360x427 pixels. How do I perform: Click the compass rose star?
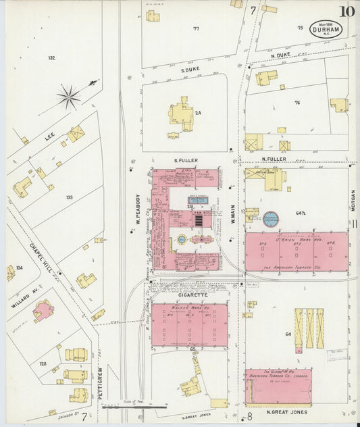tap(69, 97)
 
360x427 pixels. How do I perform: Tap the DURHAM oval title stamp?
tap(326, 29)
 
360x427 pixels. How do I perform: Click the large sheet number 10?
tap(348, 11)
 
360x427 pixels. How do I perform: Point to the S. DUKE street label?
tap(191, 69)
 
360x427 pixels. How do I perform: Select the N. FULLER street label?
tap(274, 159)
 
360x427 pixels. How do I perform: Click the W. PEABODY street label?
tap(137, 210)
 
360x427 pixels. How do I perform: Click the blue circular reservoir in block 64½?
tap(272, 218)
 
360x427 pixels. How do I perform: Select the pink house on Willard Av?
tap(43, 310)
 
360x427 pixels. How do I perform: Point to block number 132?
tap(51, 58)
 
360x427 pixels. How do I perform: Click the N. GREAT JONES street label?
tap(286, 411)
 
